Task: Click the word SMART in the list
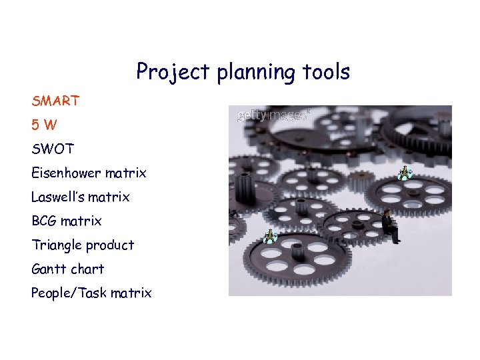[x=55, y=101]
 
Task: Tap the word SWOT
[x=53, y=149]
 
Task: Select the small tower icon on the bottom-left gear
[x=269, y=236]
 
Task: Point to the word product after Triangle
[x=111, y=245]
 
